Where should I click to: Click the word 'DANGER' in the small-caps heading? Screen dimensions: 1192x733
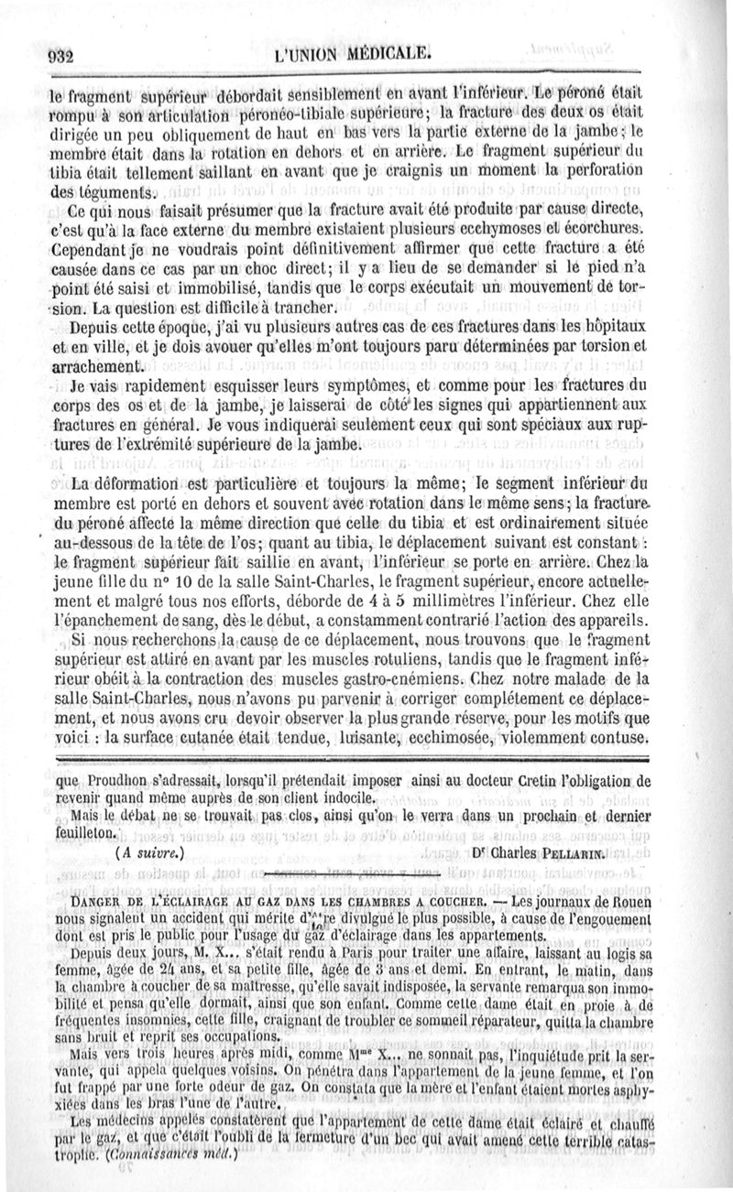point(104,901)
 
